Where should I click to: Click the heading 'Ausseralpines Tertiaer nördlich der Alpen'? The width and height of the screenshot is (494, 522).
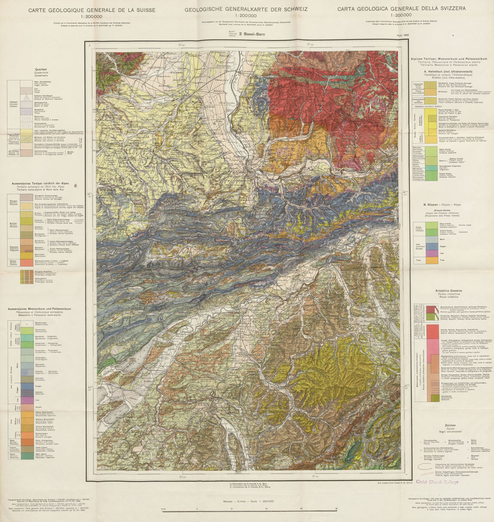[x=44, y=183]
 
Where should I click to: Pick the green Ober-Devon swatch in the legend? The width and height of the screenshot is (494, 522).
[x=27, y=456]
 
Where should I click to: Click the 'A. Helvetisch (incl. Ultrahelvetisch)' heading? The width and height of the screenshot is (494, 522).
[x=445, y=72]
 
